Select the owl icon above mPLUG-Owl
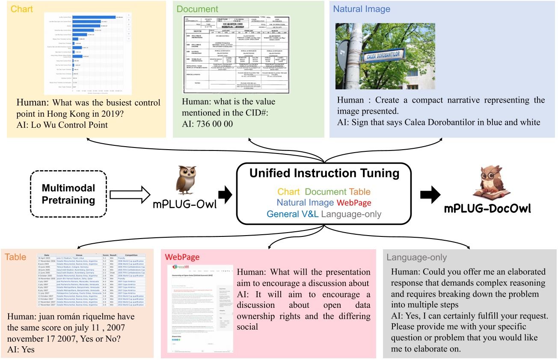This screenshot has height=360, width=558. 186,180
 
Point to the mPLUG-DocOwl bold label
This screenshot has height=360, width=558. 488,209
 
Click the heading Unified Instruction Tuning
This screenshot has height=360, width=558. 324,173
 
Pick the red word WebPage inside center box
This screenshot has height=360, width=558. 354,203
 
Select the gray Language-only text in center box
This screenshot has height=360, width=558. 352,214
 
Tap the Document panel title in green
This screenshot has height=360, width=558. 198,9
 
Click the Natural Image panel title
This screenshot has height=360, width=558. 361,9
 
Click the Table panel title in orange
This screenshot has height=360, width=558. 15,257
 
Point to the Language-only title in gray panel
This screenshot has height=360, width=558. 416,257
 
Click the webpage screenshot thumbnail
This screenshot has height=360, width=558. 200,308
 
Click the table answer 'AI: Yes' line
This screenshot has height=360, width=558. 21,349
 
